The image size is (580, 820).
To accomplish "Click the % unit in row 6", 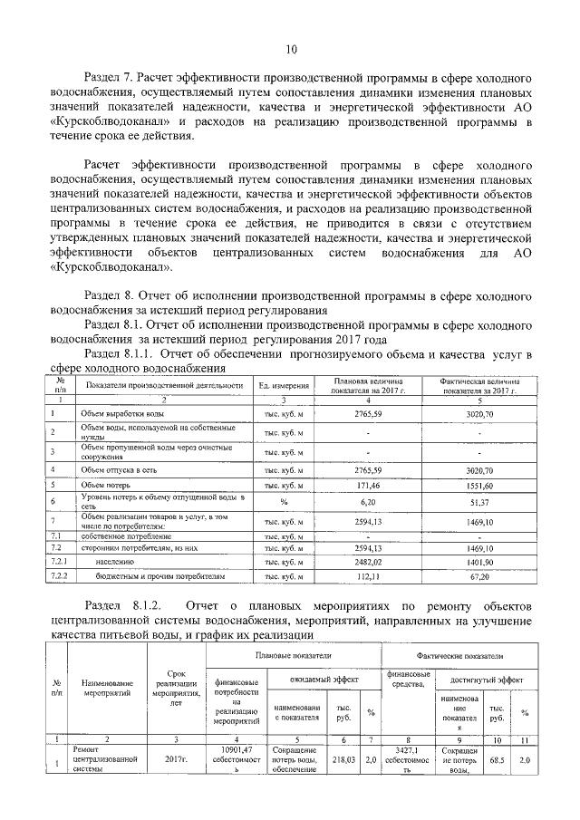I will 284,502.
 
